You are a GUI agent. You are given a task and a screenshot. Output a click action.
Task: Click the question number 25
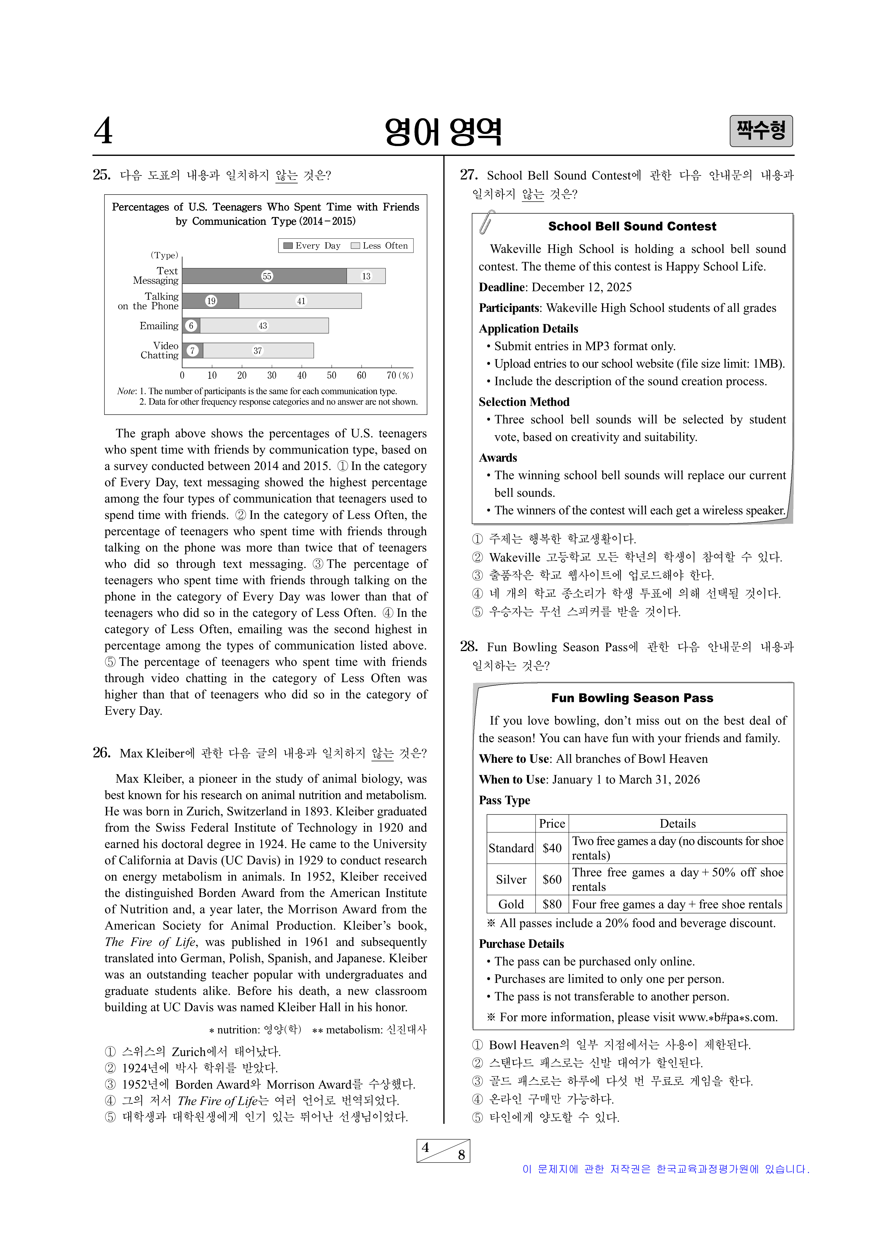pyautogui.click(x=102, y=175)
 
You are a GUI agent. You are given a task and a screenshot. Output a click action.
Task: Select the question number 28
pyautogui.click(x=468, y=647)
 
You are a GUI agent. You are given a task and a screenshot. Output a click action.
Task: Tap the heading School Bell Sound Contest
pyautogui.click(x=632, y=226)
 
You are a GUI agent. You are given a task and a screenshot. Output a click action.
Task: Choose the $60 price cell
pyautogui.click(x=552, y=879)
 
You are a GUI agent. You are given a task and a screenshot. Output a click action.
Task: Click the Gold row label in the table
pyautogui.click(x=511, y=905)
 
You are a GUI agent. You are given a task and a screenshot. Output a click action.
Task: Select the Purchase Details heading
pyautogui.click(x=521, y=944)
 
